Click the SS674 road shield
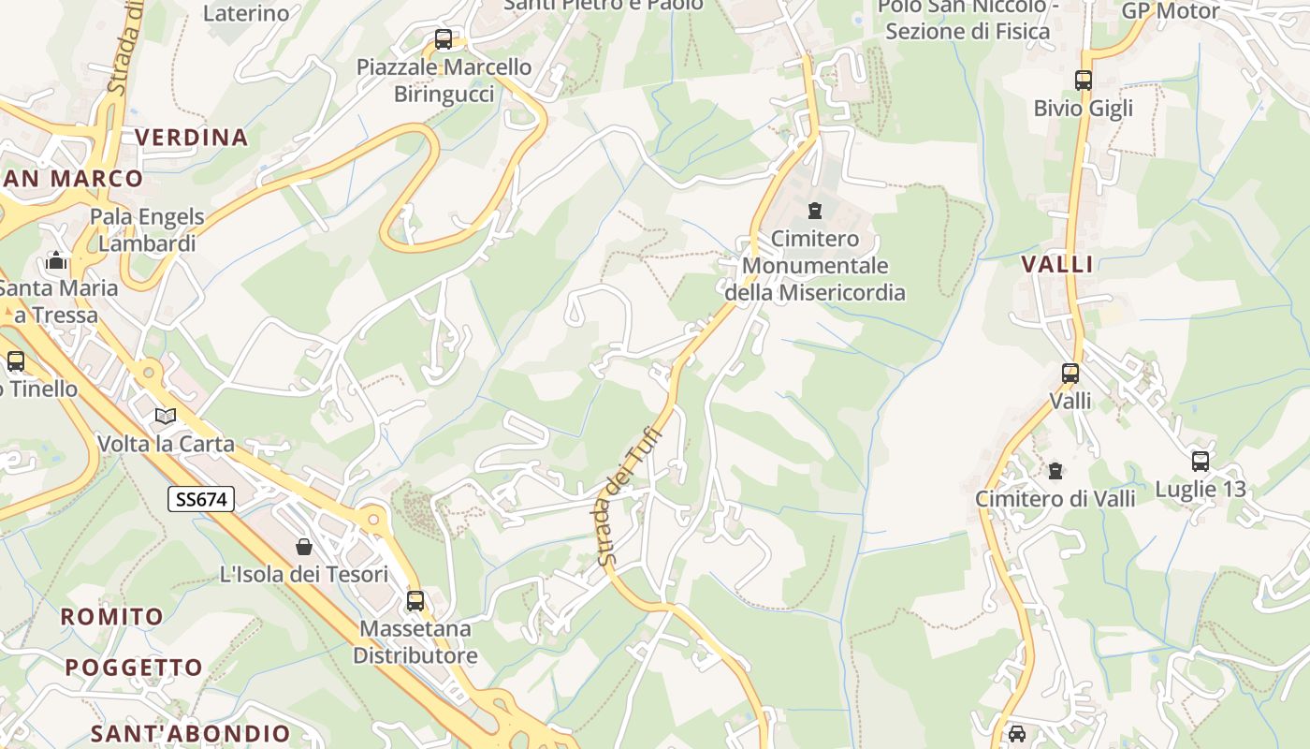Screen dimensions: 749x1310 tap(201, 499)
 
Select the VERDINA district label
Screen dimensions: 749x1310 tap(192, 138)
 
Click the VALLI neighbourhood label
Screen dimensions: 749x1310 tap(1057, 264)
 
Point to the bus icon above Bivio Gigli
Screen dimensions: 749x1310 tap(1084, 81)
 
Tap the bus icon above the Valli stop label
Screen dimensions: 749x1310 tap(1070, 374)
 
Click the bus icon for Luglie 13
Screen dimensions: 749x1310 tap(1201, 461)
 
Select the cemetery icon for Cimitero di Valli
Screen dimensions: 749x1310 tap(1055, 470)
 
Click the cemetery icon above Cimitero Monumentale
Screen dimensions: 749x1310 tap(815, 210)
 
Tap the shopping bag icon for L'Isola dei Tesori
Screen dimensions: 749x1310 tap(304, 546)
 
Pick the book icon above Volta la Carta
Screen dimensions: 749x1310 tap(166, 416)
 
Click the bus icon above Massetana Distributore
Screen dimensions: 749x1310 tap(415, 600)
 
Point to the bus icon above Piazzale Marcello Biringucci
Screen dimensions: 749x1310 tap(444, 39)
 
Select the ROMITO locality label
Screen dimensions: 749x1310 tap(112, 617)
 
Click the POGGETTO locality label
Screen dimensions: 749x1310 tap(134, 668)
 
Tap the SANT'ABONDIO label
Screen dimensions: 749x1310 tap(191, 733)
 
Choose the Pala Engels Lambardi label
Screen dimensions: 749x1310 tap(147, 230)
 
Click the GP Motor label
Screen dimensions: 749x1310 tap(1170, 11)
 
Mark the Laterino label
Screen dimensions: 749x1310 tap(246, 13)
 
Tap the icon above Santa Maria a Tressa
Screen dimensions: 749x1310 tap(55, 260)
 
